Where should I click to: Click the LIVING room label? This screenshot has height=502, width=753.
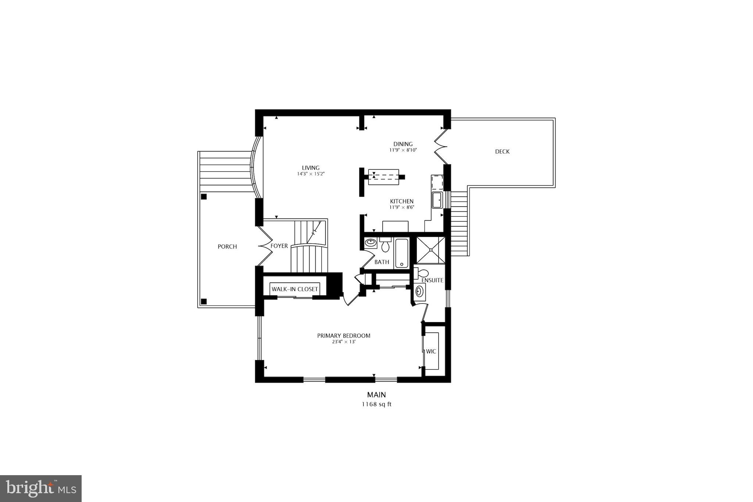[x=311, y=168]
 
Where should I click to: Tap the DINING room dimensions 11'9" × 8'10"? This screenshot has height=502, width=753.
[x=403, y=150]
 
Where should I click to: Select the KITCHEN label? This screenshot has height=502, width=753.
[x=402, y=201]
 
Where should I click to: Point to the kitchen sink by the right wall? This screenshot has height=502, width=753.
[x=437, y=200]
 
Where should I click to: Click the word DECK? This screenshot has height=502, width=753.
[x=502, y=152]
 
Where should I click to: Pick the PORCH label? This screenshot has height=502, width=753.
[x=227, y=246]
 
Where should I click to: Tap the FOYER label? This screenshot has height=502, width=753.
[x=279, y=246]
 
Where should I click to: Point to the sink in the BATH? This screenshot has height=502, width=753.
[x=370, y=243]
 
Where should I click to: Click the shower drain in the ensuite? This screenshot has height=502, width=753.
[x=430, y=250]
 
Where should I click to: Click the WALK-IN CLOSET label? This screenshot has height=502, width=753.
[x=295, y=289]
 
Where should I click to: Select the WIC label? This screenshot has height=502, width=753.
[x=431, y=351]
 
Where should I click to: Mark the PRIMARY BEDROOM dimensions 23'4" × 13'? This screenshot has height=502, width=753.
[x=344, y=342]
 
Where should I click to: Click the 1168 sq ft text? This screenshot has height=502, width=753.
[x=376, y=404]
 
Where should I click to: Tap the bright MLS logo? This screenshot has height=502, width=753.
[x=41, y=488]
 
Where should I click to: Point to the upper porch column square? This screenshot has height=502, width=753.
[x=204, y=197]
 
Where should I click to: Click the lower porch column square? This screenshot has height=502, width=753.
[x=204, y=301]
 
